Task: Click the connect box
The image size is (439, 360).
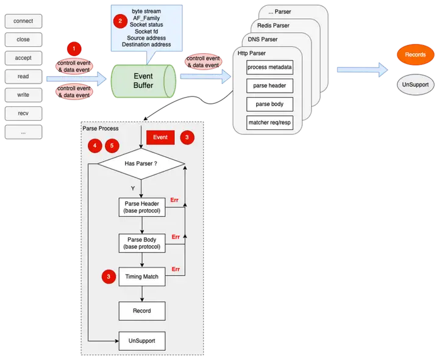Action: [23, 21]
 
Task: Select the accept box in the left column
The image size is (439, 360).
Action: [23, 58]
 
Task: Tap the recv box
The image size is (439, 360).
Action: [23, 113]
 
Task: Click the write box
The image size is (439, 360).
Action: [23, 95]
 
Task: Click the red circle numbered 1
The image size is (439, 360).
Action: [73, 48]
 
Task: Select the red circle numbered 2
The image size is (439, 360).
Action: [120, 20]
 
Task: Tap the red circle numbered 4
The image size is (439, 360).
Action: [95, 146]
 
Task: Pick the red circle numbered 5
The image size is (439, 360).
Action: [112, 146]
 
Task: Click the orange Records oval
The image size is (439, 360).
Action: [415, 55]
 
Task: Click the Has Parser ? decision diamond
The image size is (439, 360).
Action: [141, 164]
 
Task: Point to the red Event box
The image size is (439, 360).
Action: [160, 138]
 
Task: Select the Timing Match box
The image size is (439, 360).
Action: [141, 276]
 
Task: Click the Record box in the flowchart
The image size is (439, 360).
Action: [141, 311]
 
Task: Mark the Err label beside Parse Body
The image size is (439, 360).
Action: [176, 236]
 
